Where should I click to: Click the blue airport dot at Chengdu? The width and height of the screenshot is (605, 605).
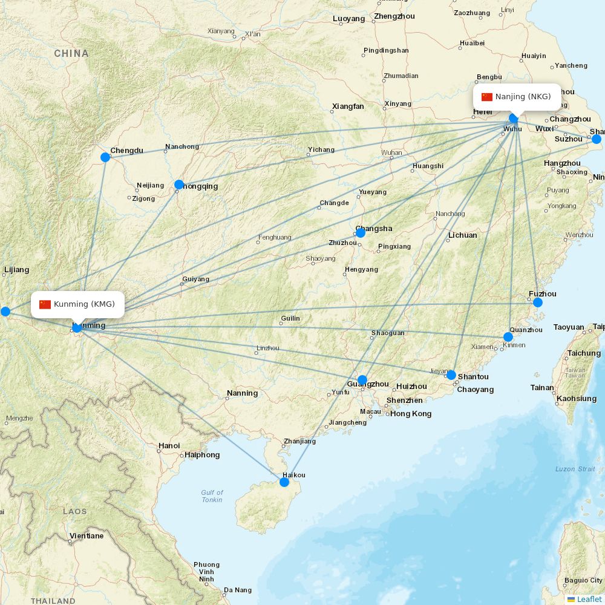[105, 157]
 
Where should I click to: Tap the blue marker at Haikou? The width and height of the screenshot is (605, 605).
[284, 482]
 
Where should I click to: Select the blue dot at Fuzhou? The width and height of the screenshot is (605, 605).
[537, 302]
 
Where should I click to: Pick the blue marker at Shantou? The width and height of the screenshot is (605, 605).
[451, 375]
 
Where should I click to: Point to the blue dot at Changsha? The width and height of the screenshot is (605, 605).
[361, 232]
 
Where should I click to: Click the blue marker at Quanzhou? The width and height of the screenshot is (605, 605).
[508, 337]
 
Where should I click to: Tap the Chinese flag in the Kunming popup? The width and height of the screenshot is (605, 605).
[45, 304]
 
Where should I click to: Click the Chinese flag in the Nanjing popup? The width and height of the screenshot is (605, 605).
[487, 97]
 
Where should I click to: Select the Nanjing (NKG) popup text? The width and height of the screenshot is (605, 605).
[523, 97]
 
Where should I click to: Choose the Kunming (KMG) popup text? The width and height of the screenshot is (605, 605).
[84, 304]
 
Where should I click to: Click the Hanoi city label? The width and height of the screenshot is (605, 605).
[169, 446]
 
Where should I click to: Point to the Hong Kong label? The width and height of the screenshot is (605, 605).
[411, 414]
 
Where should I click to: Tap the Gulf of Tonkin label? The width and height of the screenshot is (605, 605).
[212, 496]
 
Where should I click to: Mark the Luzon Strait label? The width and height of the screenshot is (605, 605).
[575, 469]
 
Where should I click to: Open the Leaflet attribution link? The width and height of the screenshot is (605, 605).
[589, 599]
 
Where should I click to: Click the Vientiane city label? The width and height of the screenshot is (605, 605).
[87, 536]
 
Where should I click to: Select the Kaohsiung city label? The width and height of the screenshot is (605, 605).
[576, 399]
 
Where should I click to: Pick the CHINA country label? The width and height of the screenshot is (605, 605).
[71, 53]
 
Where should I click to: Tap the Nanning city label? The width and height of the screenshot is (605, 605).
[242, 393]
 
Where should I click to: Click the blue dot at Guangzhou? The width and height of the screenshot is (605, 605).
[362, 381]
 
